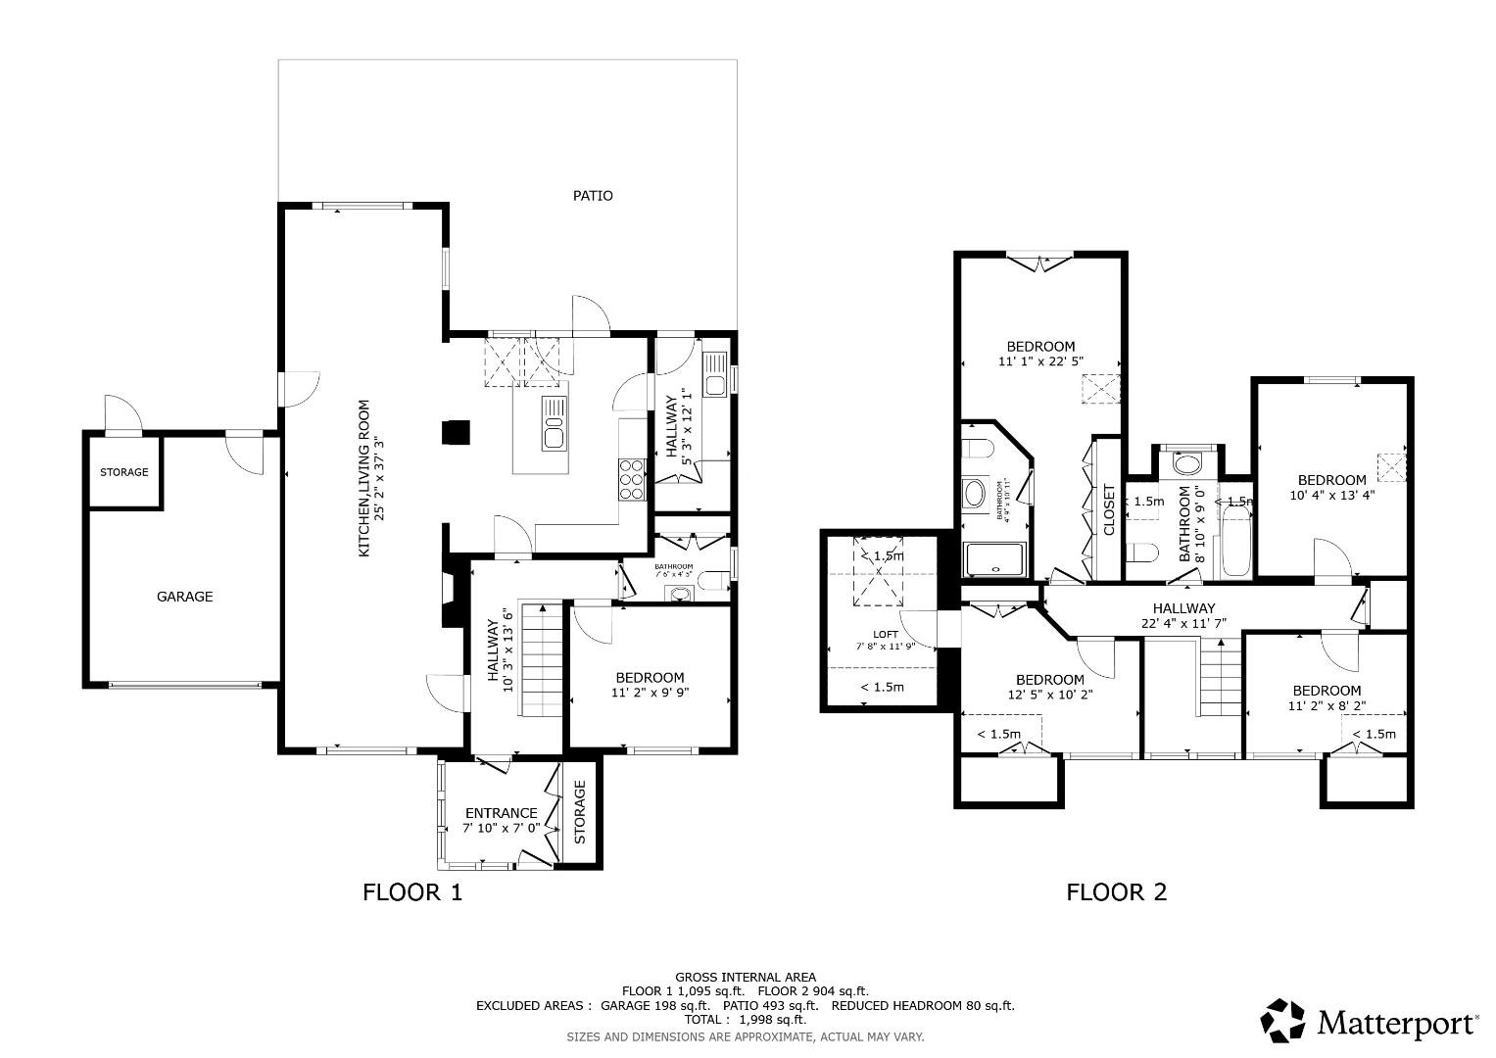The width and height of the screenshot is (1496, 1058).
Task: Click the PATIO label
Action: click(x=593, y=196)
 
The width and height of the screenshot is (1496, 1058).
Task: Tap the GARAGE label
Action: click(x=185, y=597)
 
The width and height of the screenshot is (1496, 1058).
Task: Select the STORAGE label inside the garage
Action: click(x=124, y=472)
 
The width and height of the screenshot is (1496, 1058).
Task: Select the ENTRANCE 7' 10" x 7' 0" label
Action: click(x=501, y=820)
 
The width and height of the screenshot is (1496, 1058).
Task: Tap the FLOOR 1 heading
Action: click(x=411, y=892)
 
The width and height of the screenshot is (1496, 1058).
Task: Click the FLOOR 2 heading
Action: click(x=1116, y=892)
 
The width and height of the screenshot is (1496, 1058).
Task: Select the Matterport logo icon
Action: click(x=1283, y=1022)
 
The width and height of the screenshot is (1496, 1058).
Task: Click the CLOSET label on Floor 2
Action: click(x=1109, y=510)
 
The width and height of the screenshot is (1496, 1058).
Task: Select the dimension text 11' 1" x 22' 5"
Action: click(x=1040, y=361)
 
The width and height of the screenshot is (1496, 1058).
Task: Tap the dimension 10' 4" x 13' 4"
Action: click(x=1332, y=495)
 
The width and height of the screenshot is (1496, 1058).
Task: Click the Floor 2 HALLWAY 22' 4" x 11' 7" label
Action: click(x=1183, y=615)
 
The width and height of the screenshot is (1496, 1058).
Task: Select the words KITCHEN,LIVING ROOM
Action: click(x=363, y=478)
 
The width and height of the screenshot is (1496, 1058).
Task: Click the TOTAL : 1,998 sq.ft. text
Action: click(x=745, y=1020)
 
